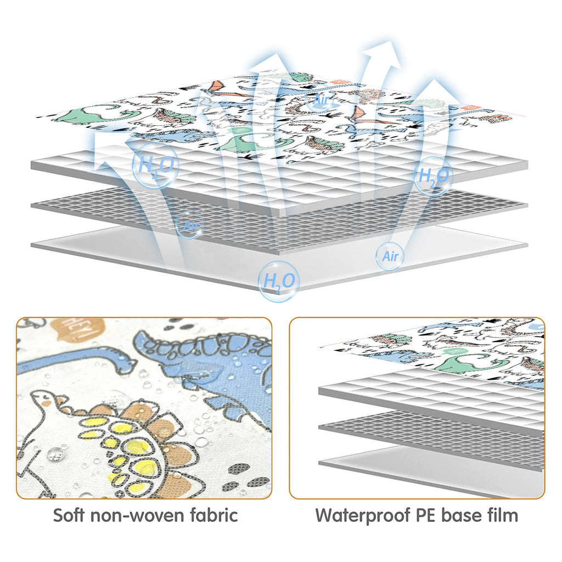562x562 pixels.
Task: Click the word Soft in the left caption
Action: [69, 515]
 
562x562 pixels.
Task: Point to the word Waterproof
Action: [363, 516]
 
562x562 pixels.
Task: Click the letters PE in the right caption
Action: [426, 515]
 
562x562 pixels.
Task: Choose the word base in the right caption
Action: [461, 515]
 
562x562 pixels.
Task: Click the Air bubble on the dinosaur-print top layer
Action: [320, 100]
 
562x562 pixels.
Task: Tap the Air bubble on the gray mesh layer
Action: [190, 226]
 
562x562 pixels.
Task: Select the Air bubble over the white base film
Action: [390, 256]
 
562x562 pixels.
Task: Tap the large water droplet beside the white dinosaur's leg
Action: [55, 454]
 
